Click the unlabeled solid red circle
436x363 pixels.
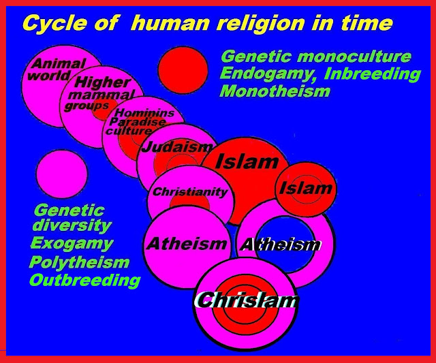pyautogui.click(x=184, y=69)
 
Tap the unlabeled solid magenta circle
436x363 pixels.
pyautogui.click(x=62, y=174)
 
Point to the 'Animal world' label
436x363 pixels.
pyautogui.click(x=57, y=69)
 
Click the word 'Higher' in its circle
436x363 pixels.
pyautogui.click(x=103, y=82)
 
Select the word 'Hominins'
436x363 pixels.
pyautogui.click(x=144, y=112)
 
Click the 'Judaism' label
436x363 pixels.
pyautogui.click(x=177, y=146)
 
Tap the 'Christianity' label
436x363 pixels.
pyautogui.click(x=191, y=192)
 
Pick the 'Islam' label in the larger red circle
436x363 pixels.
pyautogui.click(x=247, y=161)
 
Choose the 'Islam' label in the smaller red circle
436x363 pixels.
pyautogui.click(x=306, y=188)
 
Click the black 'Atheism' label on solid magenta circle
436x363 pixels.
pyautogui.click(x=187, y=243)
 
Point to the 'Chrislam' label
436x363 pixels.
pyautogui.click(x=246, y=300)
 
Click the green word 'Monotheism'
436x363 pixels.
pyautogui.click(x=275, y=91)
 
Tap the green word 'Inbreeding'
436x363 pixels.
pyautogui.click(x=373, y=74)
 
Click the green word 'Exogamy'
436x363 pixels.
pyautogui.click(x=72, y=244)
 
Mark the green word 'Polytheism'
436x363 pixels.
pyautogui.click(x=79, y=262)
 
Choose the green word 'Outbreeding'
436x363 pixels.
pyautogui.click(x=85, y=280)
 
